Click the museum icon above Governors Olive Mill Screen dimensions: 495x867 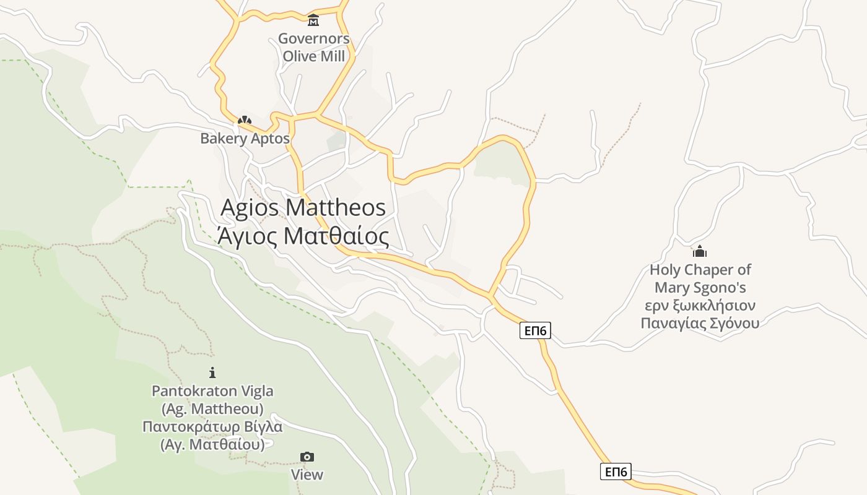(313, 20)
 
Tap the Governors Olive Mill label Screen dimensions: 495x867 (313, 47)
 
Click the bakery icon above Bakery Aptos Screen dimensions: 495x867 (245, 120)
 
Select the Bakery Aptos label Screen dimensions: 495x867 (245, 138)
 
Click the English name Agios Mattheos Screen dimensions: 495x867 (303, 207)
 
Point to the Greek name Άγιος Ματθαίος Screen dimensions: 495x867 (303, 236)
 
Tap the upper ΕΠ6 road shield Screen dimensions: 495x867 (535, 330)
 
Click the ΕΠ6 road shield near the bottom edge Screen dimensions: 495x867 (616, 472)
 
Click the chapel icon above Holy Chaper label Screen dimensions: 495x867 (699, 251)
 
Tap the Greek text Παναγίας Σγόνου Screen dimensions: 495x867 (700, 322)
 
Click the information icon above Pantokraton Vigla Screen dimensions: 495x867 (212, 372)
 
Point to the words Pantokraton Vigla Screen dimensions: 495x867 (212, 391)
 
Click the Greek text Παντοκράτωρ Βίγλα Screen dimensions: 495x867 (212, 427)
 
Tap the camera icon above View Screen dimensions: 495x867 (307, 457)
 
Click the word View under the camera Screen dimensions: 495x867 (307, 475)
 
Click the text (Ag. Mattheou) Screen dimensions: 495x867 (212, 409)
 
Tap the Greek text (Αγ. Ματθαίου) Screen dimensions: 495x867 (212, 444)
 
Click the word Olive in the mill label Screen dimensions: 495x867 (300, 56)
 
